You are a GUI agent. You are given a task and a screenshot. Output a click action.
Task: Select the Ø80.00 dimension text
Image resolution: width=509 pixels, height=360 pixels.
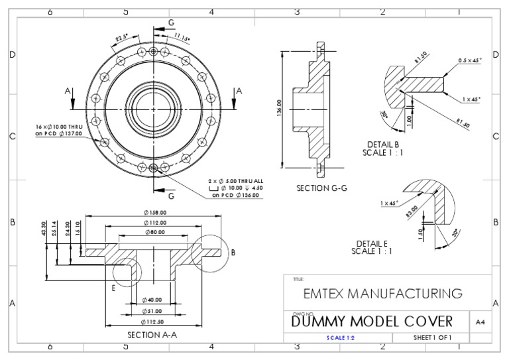click(x=156, y=232)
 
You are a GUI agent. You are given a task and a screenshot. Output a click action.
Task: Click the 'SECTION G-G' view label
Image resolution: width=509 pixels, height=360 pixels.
click(x=322, y=188)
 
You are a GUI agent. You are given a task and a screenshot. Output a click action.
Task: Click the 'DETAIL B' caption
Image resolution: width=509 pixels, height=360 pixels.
click(x=382, y=144)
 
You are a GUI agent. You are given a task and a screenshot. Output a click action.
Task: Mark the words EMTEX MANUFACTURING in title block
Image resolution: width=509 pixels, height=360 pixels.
click(x=382, y=293)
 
